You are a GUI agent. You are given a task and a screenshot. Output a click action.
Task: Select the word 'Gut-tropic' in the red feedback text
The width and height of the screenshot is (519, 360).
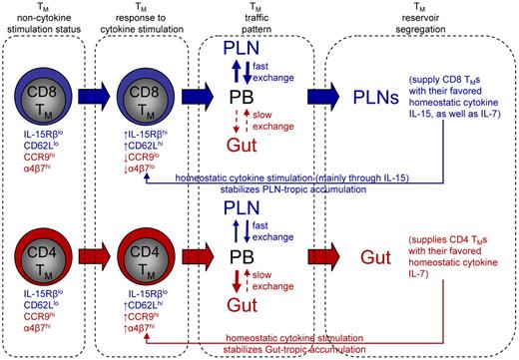click(x=267, y=349)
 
